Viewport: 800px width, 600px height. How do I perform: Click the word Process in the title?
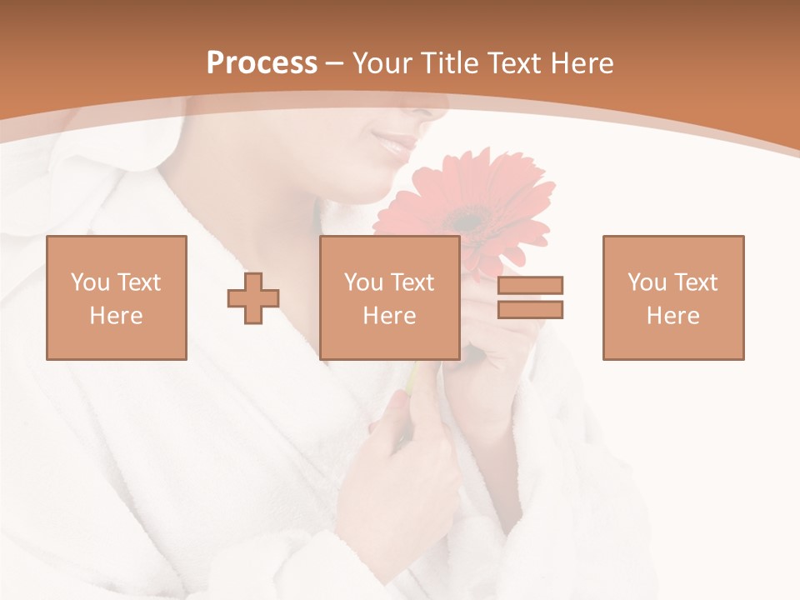(x=262, y=63)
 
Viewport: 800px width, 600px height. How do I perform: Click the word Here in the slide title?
(x=582, y=63)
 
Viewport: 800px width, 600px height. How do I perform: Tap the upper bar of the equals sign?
(x=530, y=285)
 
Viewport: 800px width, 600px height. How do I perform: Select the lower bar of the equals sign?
(x=530, y=310)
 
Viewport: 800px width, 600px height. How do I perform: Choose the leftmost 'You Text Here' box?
(x=117, y=297)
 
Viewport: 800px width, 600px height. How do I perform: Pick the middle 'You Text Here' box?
(x=390, y=297)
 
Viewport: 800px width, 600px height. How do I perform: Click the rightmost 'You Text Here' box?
(x=673, y=297)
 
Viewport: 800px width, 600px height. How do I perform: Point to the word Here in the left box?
(x=117, y=316)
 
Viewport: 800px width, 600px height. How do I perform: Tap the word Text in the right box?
(x=695, y=282)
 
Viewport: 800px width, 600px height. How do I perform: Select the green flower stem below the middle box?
(x=412, y=377)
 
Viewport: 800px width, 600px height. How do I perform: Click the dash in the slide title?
(x=335, y=63)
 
